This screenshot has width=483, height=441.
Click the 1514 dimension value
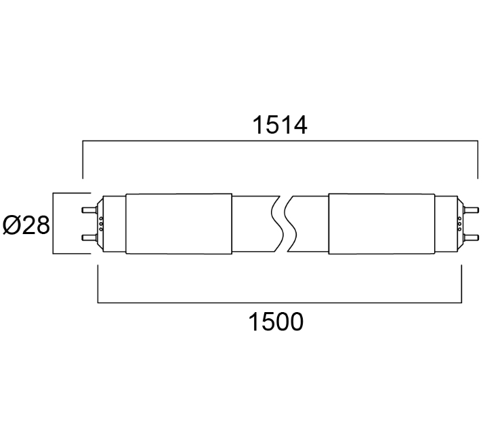(x=280, y=126)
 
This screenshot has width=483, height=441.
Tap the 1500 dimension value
(x=276, y=322)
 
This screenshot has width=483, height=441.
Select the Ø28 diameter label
(x=26, y=225)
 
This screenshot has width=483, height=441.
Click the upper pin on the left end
(x=89, y=210)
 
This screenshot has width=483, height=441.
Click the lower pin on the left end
(x=89, y=237)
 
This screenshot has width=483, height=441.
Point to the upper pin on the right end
(x=471, y=210)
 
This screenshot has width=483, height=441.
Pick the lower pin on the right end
(x=471, y=237)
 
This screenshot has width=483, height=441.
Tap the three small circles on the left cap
(x=101, y=224)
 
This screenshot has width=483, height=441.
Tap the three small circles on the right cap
(x=459, y=224)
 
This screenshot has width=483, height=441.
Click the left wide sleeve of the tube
(x=179, y=224)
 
